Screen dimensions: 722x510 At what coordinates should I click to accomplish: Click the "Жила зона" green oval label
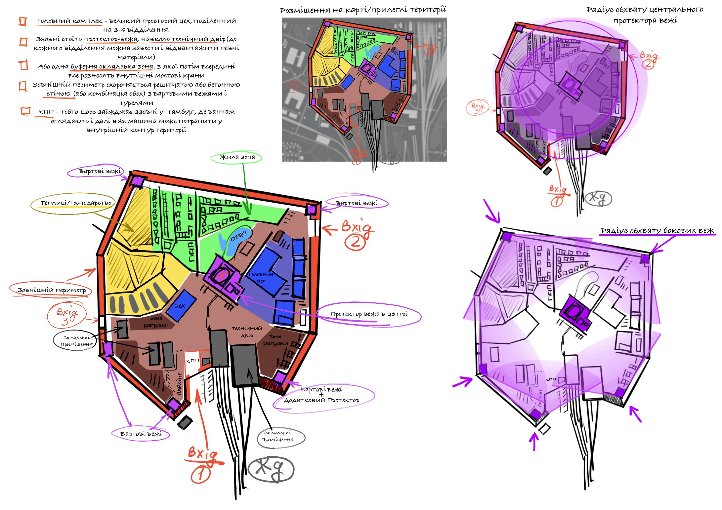[x=237, y=157]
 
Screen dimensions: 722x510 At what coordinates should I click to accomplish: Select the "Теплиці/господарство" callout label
[x=76, y=203]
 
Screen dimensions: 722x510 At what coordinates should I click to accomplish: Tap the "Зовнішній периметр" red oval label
[x=52, y=290]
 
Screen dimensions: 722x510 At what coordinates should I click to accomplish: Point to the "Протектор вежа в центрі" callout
[x=369, y=314]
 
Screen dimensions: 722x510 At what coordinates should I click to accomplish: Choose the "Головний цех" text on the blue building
[x=261, y=277]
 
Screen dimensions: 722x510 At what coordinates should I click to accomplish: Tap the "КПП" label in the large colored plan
[x=192, y=360]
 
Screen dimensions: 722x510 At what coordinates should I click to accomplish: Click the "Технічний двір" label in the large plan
[x=247, y=332]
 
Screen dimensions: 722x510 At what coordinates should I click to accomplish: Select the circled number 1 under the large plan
[x=200, y=475]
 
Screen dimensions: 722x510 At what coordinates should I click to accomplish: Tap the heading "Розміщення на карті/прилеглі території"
[x=363, y=10]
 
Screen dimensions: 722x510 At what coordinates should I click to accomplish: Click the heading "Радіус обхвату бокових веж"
[x=657, y=230]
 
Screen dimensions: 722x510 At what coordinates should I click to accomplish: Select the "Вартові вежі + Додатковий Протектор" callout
[x=321, y=395]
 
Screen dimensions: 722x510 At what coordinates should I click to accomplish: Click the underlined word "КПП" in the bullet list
[x=46, y=112]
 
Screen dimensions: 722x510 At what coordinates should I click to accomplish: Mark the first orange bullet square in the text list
[x=22, y=21]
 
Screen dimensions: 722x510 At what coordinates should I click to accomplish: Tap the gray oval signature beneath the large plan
[x=271, y=469]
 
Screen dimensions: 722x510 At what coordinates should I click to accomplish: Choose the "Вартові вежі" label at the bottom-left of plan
[x=141, y=434]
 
